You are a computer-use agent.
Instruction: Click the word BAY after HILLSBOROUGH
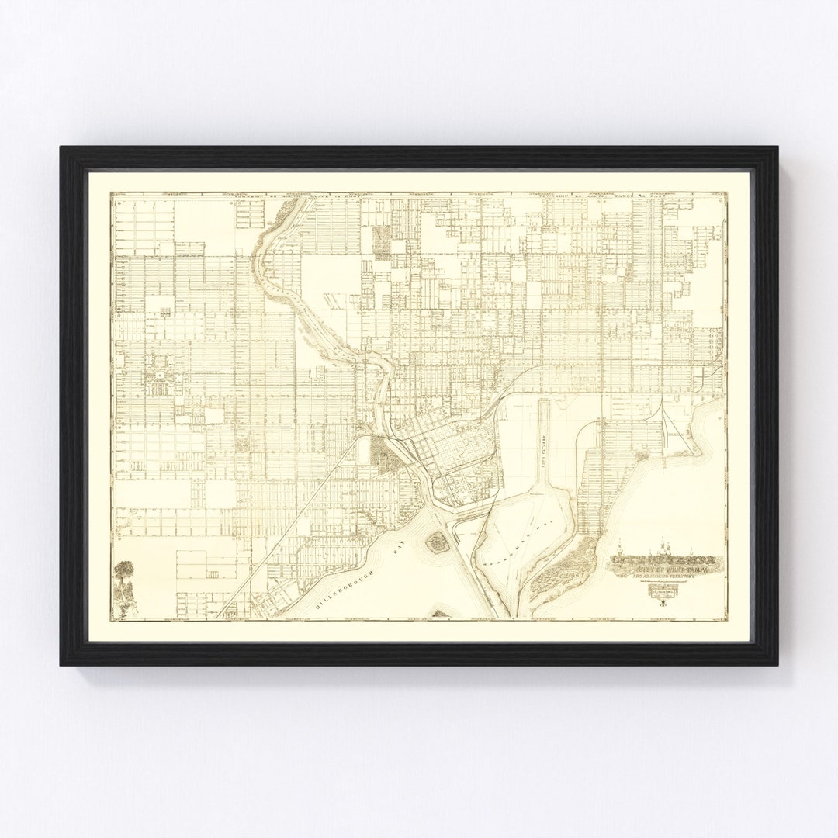[400, 549]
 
